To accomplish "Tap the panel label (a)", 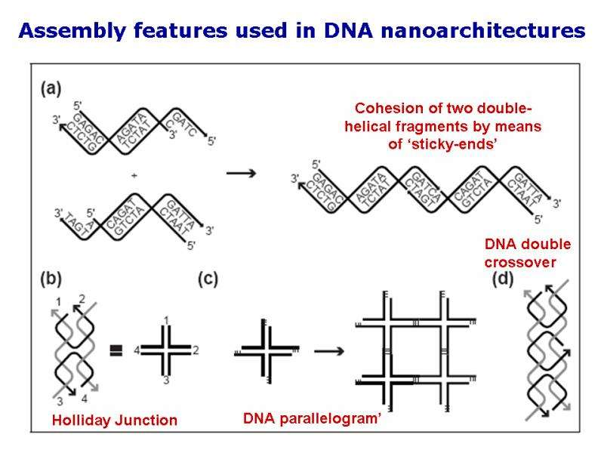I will [x=50, y=88].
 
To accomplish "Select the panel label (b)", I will [x=50, y=279].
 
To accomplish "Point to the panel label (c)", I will [x=208, y=279].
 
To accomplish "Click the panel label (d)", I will [x=503, y=279].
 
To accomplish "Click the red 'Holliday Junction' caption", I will [x=114, y=421].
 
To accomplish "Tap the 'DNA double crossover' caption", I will [x=527, y=253].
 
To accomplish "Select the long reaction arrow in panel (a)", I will [x=241, y=174].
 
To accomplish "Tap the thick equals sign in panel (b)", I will [x=117, y=350].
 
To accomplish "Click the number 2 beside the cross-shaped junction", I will [x=196, y=350].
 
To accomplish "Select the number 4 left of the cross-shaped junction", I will [x=136, y=350].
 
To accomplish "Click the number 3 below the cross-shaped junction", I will [x=166, y=380].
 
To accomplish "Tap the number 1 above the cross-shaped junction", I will [x=166, y=321].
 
